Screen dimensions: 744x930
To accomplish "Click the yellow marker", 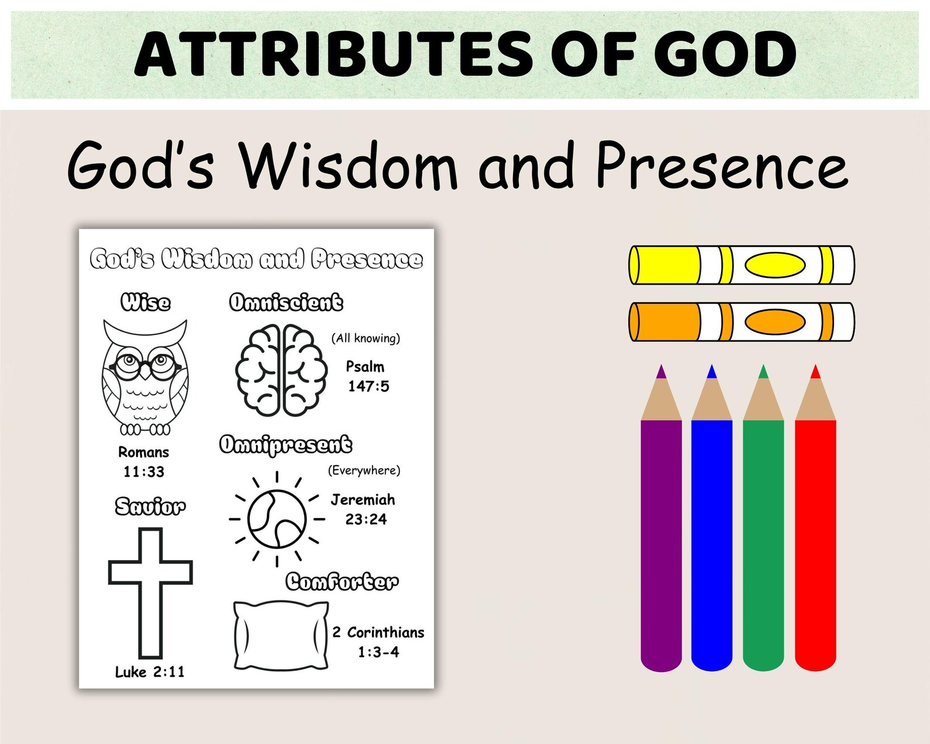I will [741, 265].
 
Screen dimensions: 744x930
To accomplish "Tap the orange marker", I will [741, 322].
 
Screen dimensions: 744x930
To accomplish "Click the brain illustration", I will [281, 370].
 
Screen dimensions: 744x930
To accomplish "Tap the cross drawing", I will [151, 592].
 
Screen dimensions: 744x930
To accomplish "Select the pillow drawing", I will [281, 635].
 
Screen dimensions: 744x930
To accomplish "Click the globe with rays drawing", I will [277, 519].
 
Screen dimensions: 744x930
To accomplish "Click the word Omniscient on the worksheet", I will [286, 302].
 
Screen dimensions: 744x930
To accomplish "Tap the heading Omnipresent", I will [286, 445].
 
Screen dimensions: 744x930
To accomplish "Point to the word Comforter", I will [342, 582].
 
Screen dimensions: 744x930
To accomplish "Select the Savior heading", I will [150, 506].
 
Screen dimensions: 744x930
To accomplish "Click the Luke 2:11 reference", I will [150, 672].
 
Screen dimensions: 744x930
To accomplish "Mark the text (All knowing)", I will [365, 338].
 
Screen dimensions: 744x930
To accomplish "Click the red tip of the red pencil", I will [815, 372].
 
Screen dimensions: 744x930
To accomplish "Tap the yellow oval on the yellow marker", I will [775, 265].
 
